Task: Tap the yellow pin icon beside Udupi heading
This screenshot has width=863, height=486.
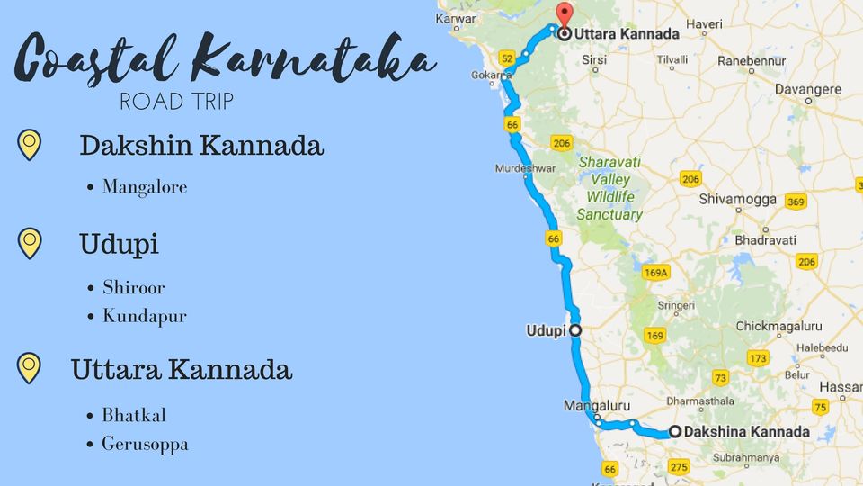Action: (30, 243)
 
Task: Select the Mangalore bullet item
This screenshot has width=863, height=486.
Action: (145, 187)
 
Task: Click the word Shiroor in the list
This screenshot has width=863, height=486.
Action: (134, 288)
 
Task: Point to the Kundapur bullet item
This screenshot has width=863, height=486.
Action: (145, 316)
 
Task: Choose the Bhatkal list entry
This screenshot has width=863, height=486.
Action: (134, 415)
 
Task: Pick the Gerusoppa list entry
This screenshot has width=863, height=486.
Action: (145, 444)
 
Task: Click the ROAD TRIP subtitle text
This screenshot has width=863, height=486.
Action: (177, 102)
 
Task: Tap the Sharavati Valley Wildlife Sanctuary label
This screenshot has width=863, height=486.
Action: (610, 189)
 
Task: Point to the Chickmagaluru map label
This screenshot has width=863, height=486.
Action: (778, 326)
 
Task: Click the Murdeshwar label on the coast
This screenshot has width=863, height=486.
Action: (524, 168)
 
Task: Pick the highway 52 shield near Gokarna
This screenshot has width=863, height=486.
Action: (508, 58)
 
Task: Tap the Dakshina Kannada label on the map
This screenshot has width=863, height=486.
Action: (745, 432)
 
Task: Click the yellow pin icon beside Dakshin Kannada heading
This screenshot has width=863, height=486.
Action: (30, 144)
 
